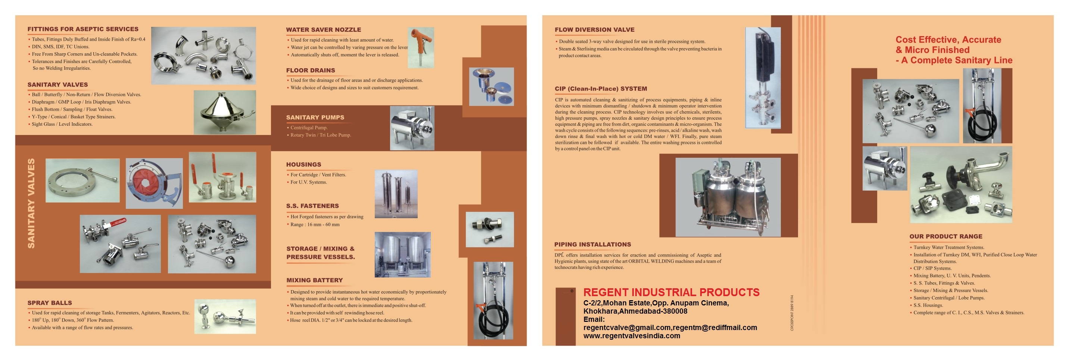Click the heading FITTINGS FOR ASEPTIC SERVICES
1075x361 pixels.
pyautogui.click(x=82, y=29)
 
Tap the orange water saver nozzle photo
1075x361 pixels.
pyautogui.click(x=420, y=47)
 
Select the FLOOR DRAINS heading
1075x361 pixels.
pyautogui.click(x=311, y=70)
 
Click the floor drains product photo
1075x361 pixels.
pyautogui.click(x=491, y=87)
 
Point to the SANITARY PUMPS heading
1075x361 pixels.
pyautogui.click(x=315, y=117)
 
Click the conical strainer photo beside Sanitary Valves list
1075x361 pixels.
pyautogui.click(x=224, y=112)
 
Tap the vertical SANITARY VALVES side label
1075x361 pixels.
pyautogui.click(x=31, y=203)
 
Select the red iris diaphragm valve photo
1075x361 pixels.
pyautogui.click(x=154, y=183)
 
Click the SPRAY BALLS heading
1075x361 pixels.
pyautogui.click(x=50, y=303)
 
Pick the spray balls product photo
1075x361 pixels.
pyautogui.click(x=225, y=316)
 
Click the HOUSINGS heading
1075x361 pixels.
pyautogui.click(x=303, y=165)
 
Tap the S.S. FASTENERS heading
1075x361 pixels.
pyautogui.click(x=312, y=206)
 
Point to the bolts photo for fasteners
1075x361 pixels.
pyautogui.click(x=489, y=229)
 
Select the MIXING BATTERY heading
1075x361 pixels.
pyautogui.click(x=314, y=280)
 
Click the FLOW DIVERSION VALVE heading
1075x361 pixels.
pyautogui.click(x=594, y=29)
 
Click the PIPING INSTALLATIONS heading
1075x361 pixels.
pyautogui.click(x=592, y=245)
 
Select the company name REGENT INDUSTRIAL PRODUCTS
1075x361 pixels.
pyautogui.click(x=671, y=292)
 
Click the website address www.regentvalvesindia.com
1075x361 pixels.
pyautogui.click(x=632, y=336)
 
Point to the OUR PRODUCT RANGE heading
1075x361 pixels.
pyautogui.click(x=945, y=236)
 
